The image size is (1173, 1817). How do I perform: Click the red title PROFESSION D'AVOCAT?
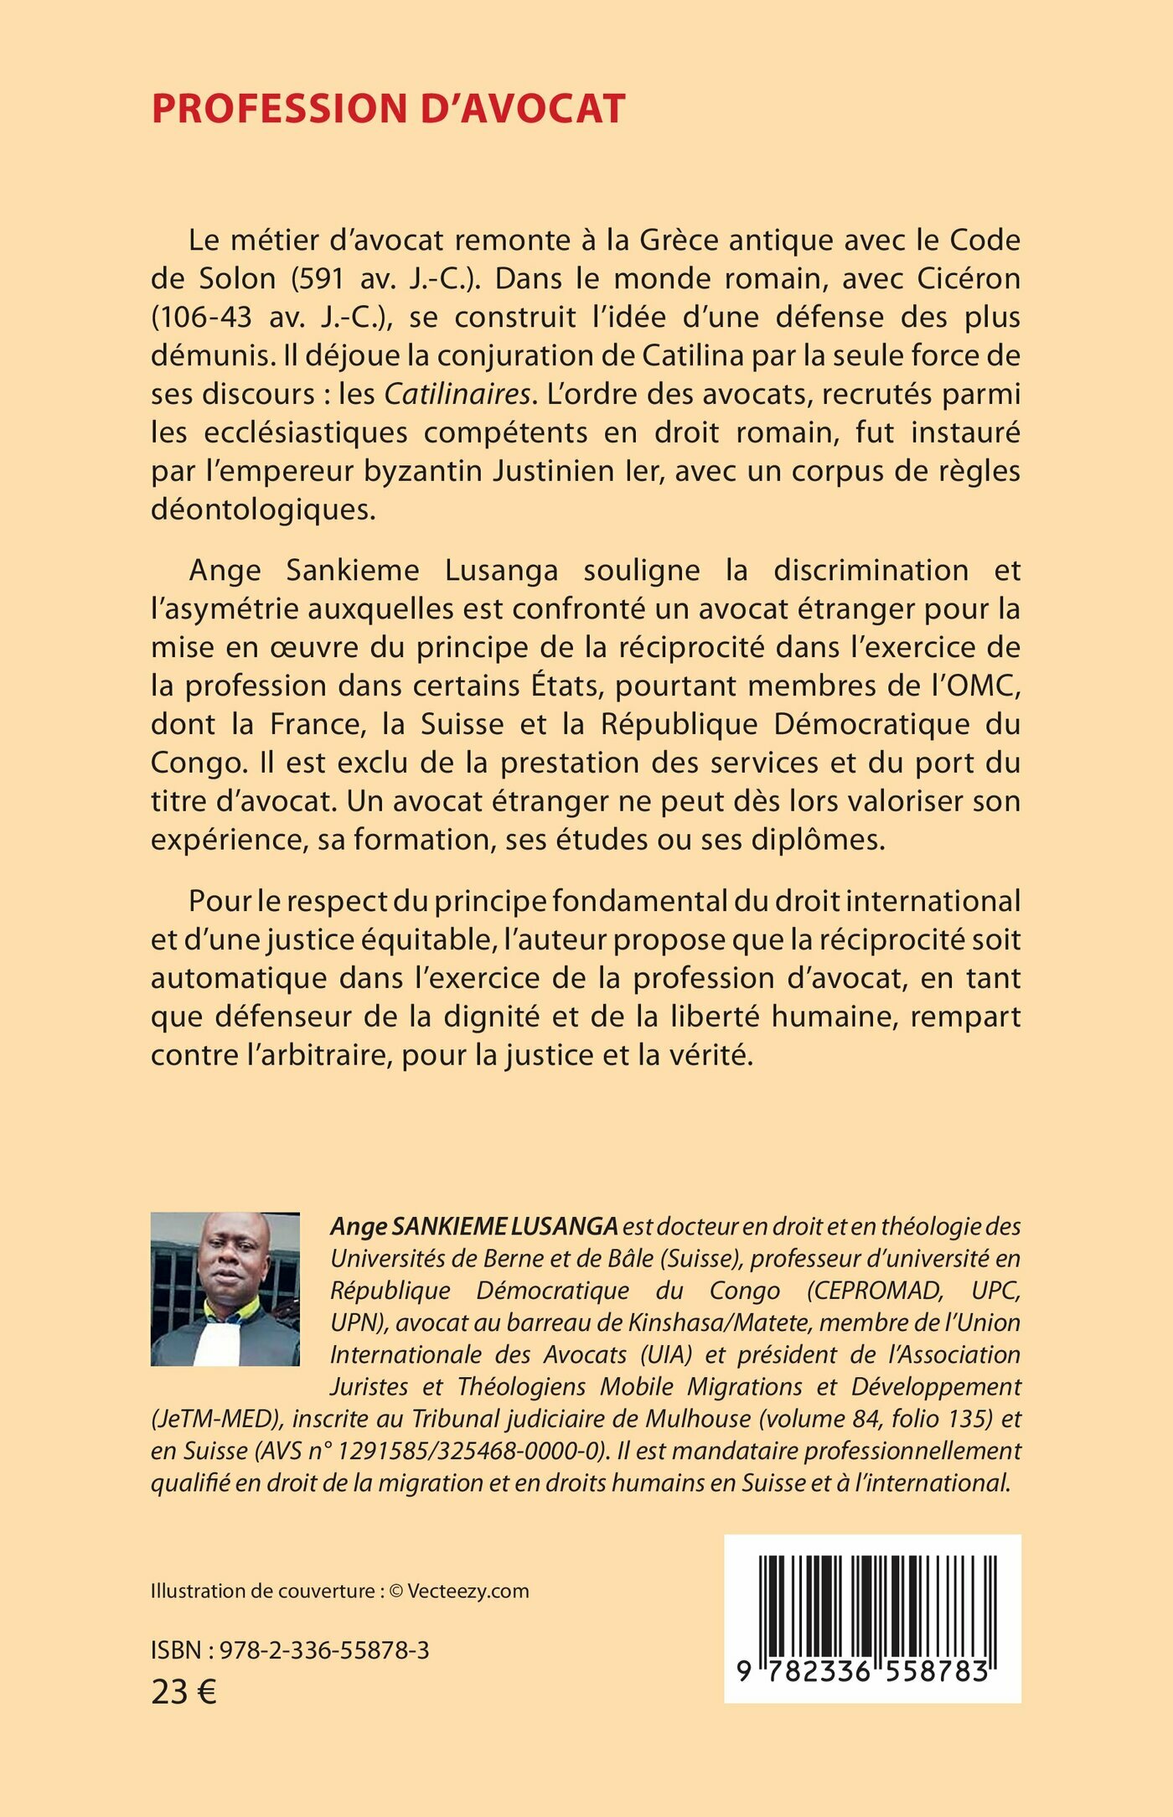[x=388, y=109]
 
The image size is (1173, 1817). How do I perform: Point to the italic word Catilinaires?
[x=458, y=394]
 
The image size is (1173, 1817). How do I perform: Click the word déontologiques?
[x=263, y=510]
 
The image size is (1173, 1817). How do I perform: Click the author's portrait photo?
[x=225, y=1288]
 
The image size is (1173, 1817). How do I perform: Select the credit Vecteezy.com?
[x=468, y=1592]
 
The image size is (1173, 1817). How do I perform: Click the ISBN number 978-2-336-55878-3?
[x=324, y=1651]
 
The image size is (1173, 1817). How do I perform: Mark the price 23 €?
[x=183, y=1693]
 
